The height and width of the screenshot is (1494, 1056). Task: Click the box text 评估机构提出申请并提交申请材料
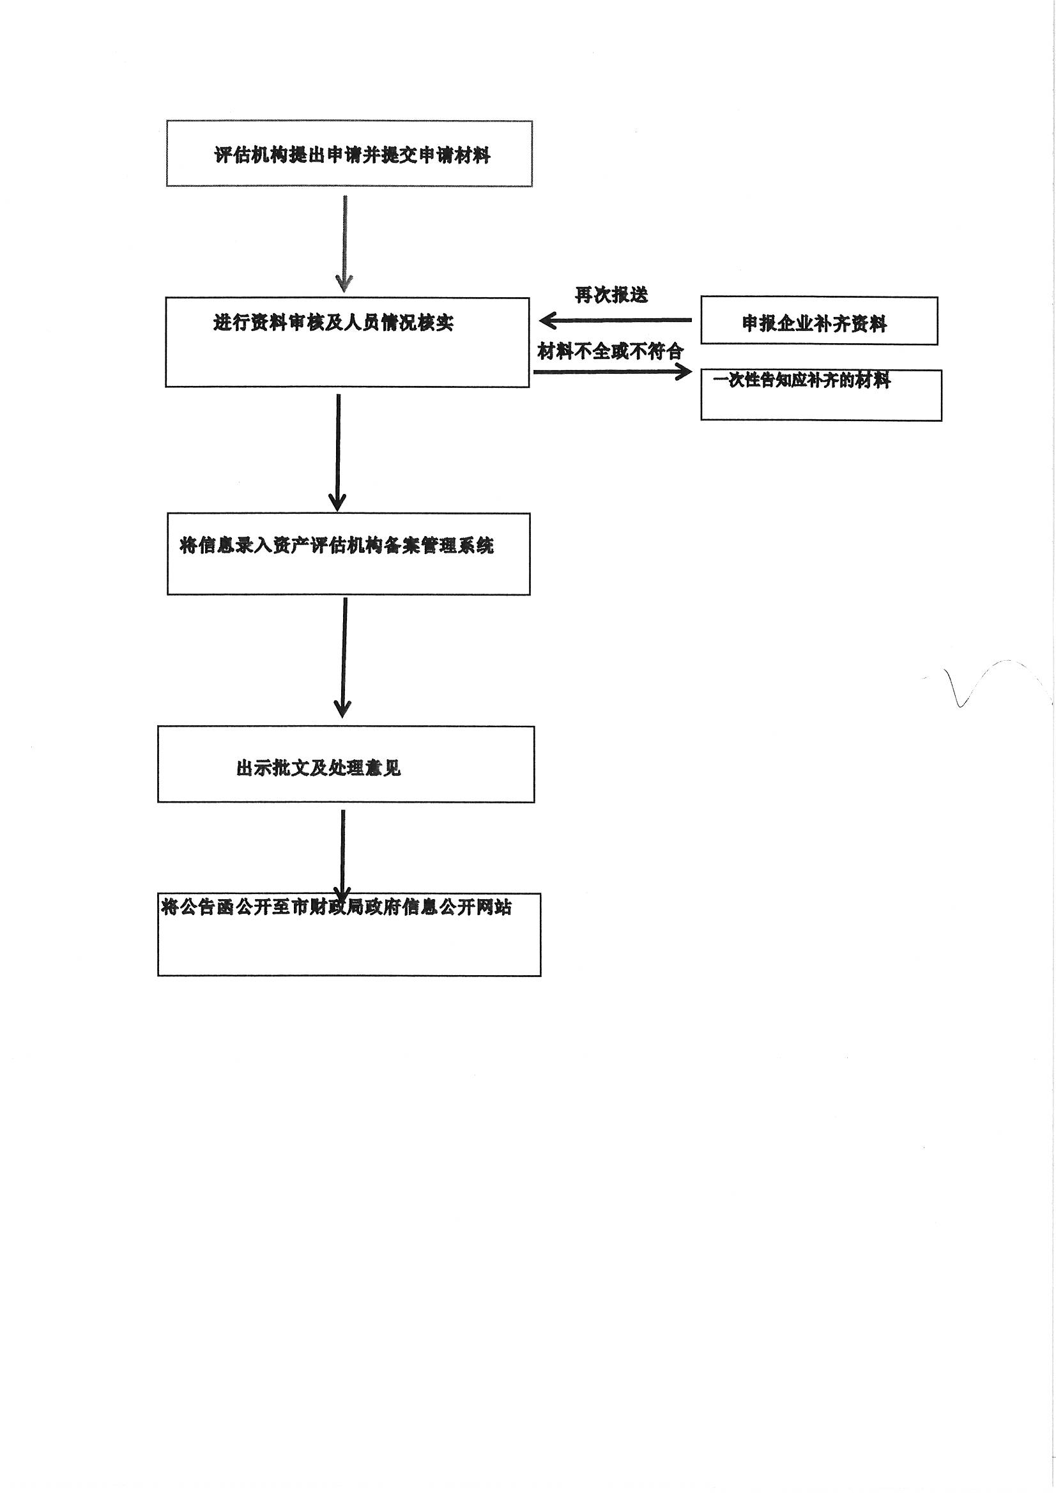click(352, 155)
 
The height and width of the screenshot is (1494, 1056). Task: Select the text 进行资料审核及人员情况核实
click(333, 323)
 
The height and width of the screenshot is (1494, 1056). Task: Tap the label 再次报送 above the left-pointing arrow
click(611, 295)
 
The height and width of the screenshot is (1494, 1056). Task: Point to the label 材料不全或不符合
click(609, 352)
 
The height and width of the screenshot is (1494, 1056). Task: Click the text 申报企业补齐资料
click(814, 323)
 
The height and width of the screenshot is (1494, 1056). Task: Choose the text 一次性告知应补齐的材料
click(802, 380)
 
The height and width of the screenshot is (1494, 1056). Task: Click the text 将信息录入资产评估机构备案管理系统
click(337, 545)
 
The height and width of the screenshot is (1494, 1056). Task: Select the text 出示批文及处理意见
click(318, 768)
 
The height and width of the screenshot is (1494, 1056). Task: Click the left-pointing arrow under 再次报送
click(615, 320)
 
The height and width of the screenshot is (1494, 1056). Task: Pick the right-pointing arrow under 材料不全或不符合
click(612, 372)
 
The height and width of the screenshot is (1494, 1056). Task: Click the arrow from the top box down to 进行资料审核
click(344, 243)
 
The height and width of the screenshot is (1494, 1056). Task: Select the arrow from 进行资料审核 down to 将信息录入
click(338, 452)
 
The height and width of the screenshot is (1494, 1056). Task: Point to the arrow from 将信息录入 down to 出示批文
click(343, 658)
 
